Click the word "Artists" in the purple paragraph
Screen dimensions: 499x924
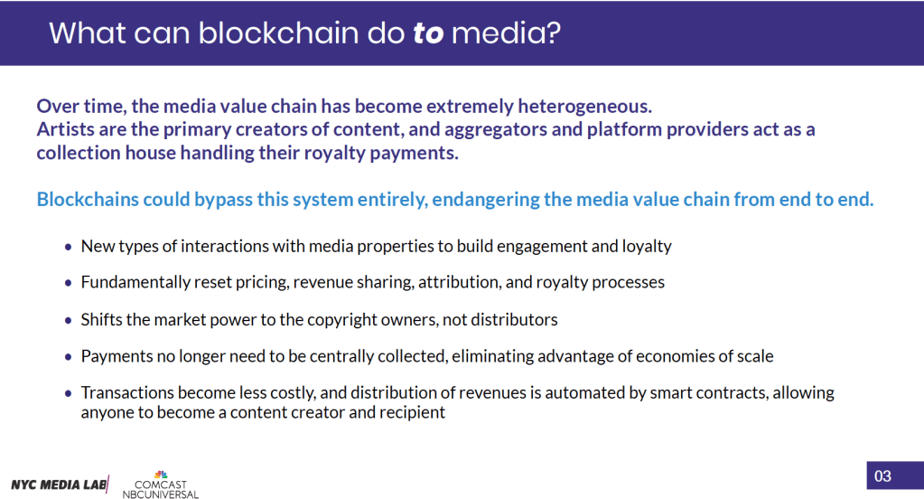point(67,129)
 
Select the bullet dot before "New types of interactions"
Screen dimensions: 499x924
point(69,247)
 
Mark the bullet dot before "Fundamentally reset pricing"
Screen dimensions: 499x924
point(69,283)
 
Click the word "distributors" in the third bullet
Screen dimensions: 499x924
point(512,319)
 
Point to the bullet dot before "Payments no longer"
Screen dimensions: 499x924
point(69,357)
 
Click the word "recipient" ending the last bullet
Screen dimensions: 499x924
point(412,412)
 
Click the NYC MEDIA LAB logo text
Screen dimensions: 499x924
point(59,484)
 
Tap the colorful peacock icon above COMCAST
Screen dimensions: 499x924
point(161,474)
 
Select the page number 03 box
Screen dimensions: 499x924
point(882,475)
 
